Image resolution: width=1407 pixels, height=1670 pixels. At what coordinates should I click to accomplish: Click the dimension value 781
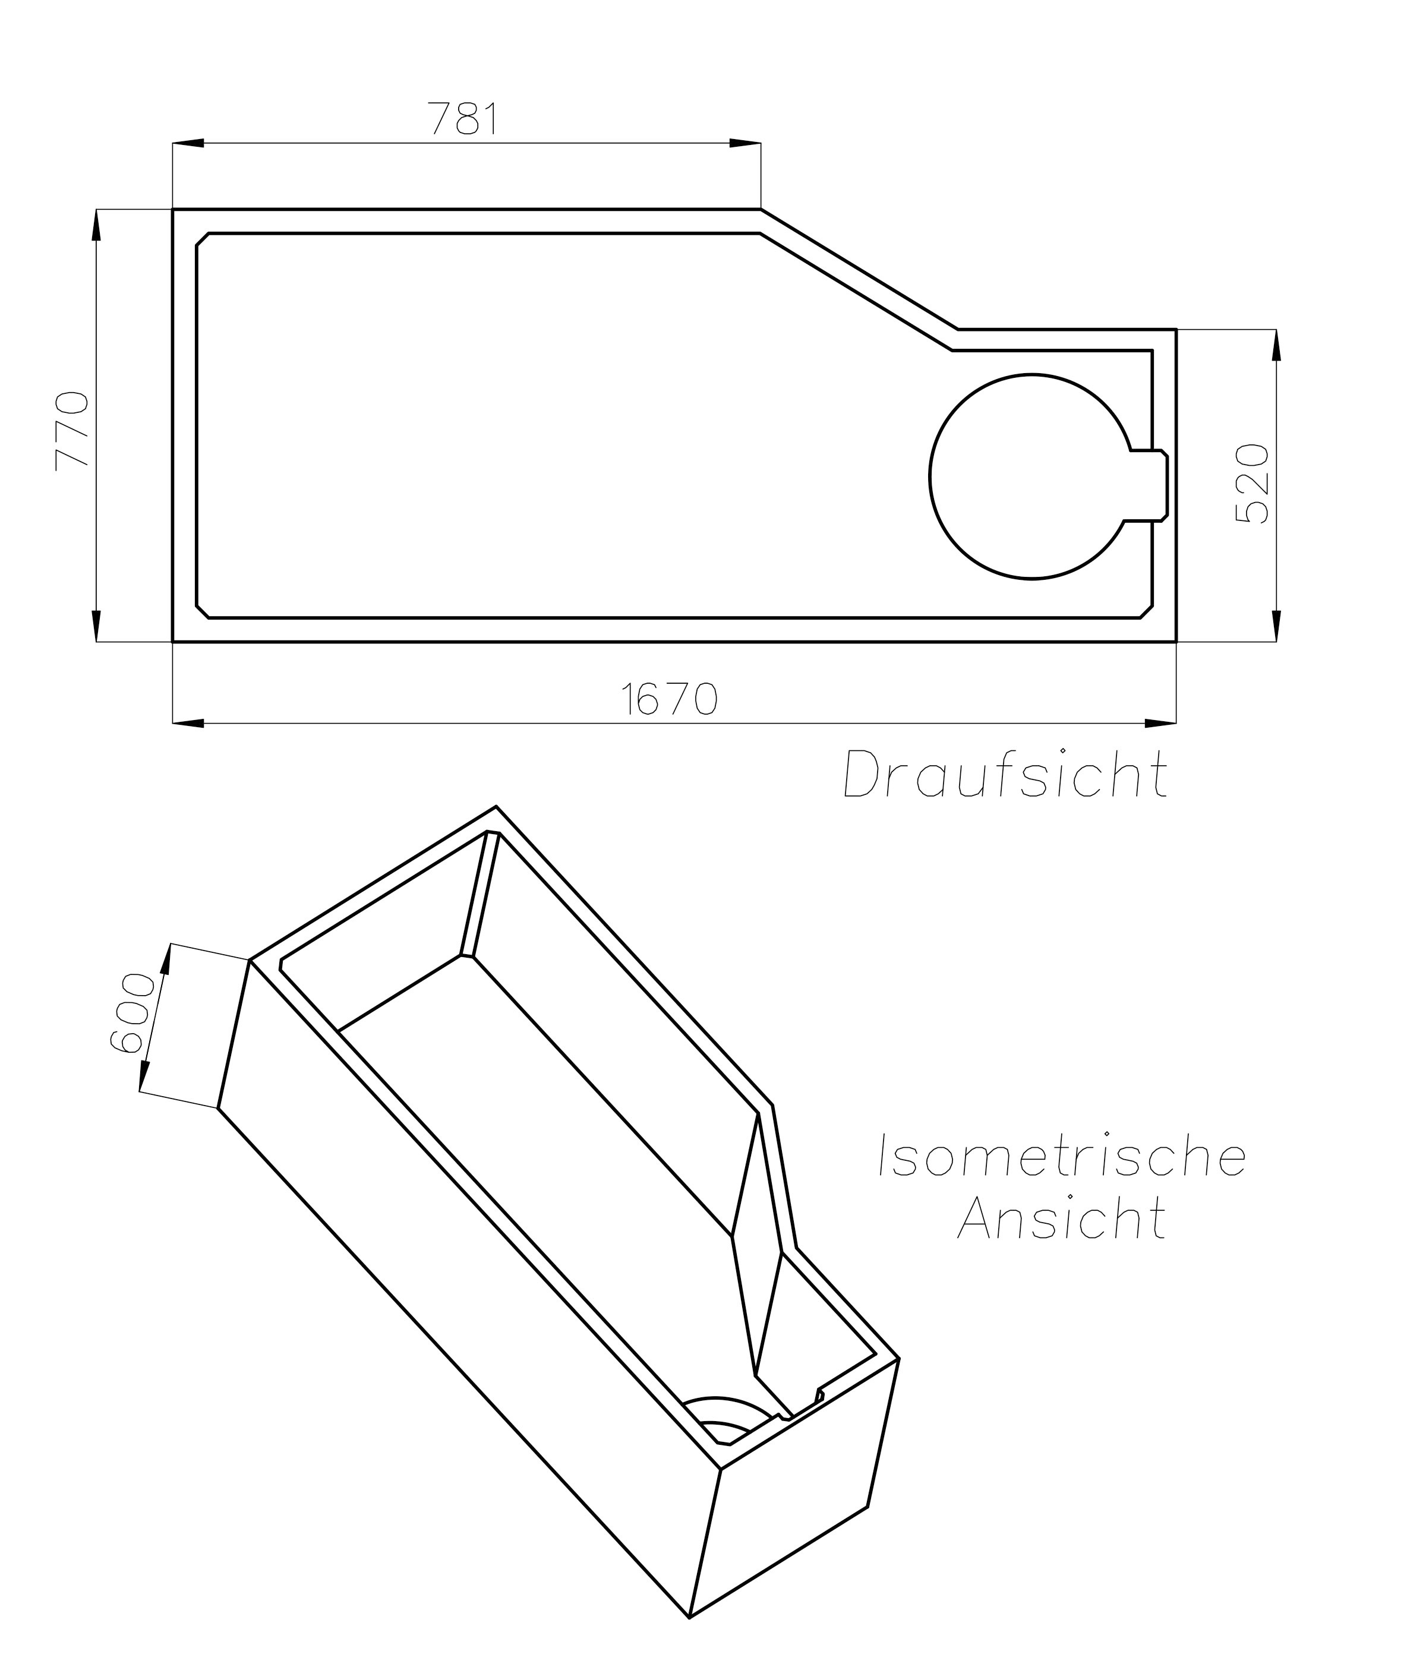(x=464, y=119)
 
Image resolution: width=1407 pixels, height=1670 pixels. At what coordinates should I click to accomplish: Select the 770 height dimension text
(x=71, y=431)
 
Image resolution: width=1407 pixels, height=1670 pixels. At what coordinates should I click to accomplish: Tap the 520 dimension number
(x=1251, y=484)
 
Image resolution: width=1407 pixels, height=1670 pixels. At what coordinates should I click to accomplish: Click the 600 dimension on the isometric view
(x=131, y=1013)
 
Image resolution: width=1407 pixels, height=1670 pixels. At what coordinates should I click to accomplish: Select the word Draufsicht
(x=1007, y=774)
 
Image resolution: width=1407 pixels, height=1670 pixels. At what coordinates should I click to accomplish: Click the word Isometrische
(x=1062, y=1156)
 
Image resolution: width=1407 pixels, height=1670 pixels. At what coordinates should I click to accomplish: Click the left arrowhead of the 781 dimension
(x=188, y=144)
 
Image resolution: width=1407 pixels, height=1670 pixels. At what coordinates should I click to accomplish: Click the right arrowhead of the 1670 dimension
(x=1160, y=724)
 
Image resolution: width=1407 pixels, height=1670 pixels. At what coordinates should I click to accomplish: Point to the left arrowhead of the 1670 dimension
(x=188, y=724)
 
